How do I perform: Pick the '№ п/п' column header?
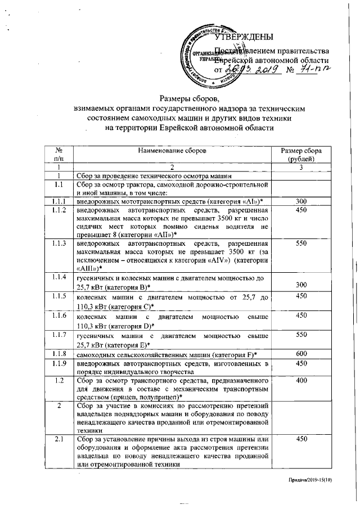[58, 155]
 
